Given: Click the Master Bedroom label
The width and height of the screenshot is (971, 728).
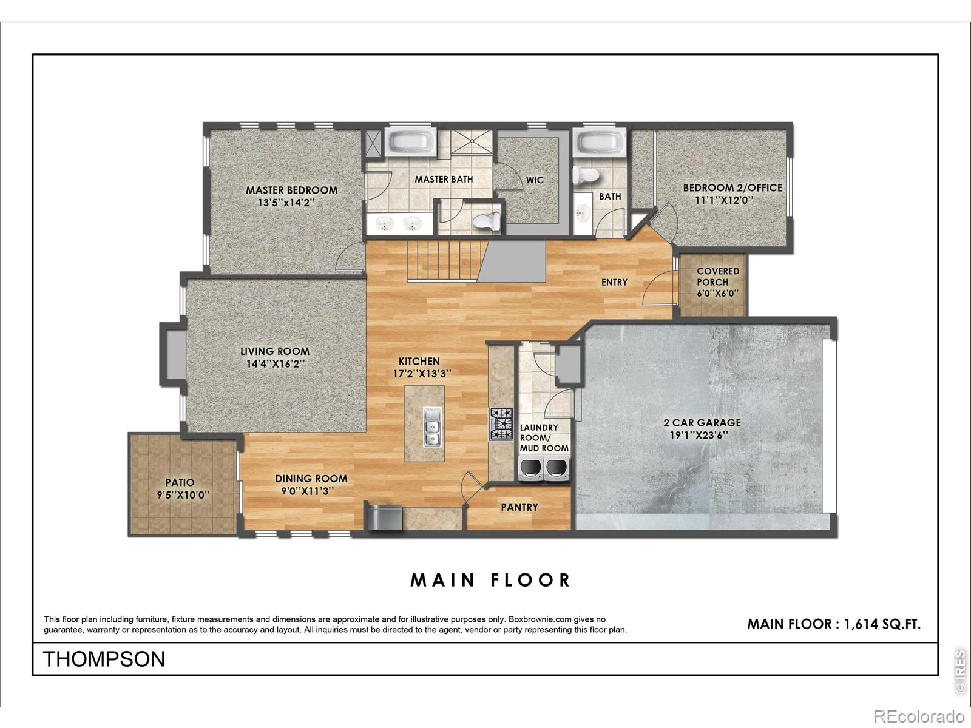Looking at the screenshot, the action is click(291, 190).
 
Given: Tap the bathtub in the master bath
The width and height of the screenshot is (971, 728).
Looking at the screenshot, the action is click(410, 141).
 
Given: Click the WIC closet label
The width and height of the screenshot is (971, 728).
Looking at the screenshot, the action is click(535, 180).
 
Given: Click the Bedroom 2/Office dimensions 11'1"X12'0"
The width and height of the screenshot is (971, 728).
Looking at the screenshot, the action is click(724, 200).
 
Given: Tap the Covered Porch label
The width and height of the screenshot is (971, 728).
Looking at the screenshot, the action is click(717, 276).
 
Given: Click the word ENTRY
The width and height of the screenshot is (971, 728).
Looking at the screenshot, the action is click(614, 282).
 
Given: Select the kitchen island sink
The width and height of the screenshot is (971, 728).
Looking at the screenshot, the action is click(431, 427).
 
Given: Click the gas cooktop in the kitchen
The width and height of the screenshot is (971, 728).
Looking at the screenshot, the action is click(501, 424).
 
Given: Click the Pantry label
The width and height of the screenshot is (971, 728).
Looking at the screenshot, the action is click(519, 507).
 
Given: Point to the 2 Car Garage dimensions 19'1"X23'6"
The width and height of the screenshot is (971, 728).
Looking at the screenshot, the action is click(699, 436).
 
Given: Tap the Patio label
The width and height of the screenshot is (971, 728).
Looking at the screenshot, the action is click(180, 482).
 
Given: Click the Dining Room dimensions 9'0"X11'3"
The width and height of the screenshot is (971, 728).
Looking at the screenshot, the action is click(308, 491).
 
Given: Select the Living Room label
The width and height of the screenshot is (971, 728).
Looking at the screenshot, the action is click(275, 351).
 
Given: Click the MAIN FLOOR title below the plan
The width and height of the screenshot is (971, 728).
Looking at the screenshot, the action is click(490, 581).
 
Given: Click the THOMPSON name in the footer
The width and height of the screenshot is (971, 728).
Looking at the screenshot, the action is click(104, 659).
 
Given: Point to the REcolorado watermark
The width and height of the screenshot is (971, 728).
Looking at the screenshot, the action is click(919, 715).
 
